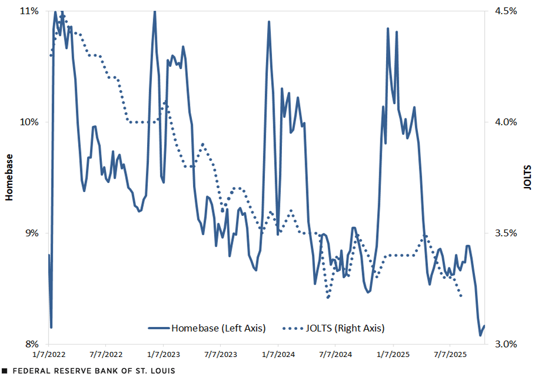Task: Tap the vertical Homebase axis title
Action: [9, 177]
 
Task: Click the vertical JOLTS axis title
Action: [527, 177]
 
